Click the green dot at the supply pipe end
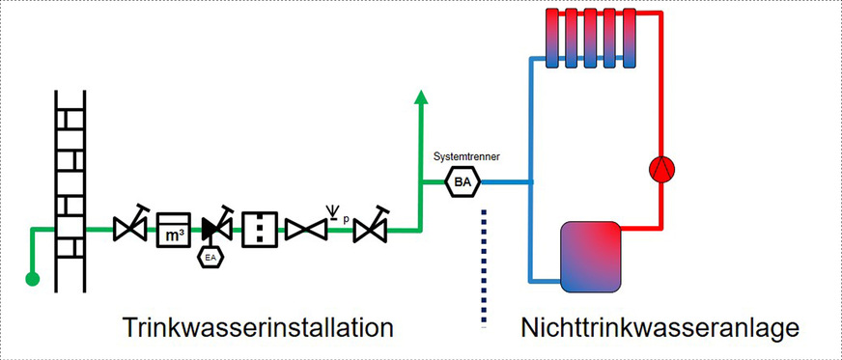pos(32,280)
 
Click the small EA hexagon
pos(211,257)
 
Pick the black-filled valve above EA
pos(215,228)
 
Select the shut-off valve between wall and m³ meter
pos(129,229)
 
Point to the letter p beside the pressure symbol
pos(345,218)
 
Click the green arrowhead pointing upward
pos(420,96)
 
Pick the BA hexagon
pos(462,180)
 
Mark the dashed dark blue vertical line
pos(482,270)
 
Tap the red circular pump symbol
pos(661,170)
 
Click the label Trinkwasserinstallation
pos(258,327)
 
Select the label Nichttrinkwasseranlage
pos(660,327)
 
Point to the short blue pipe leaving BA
pos(505,180)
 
